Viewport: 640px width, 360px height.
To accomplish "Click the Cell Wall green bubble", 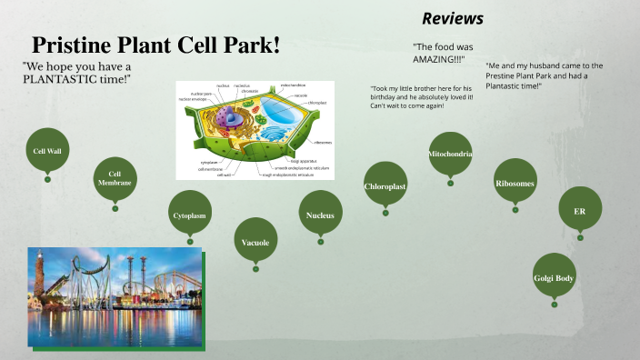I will (x=47, y=152).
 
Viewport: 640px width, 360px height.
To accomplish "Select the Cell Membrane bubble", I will (x=115, y=179).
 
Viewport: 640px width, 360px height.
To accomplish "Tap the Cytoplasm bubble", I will (x=190, y=215).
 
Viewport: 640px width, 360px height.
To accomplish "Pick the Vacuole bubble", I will (x=255, y=243).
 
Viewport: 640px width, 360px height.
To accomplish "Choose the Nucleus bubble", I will (x=320, y=215).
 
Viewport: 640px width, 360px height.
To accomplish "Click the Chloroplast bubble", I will (x=385, y=186).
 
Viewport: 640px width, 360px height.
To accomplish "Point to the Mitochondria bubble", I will (x=450, y=155).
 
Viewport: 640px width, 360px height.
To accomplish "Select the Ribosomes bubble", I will (x=515, y=184).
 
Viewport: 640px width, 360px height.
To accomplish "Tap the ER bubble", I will (x=580, y=211).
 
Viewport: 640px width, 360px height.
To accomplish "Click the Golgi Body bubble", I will (x=554, y=277).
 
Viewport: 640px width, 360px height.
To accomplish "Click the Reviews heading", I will (x=453, y=19).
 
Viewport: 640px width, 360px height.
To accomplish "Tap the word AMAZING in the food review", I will (x=433, y=59).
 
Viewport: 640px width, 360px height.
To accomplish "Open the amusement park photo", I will (x=114, y=297).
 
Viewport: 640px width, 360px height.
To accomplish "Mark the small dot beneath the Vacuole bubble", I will (x=255, y=268).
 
